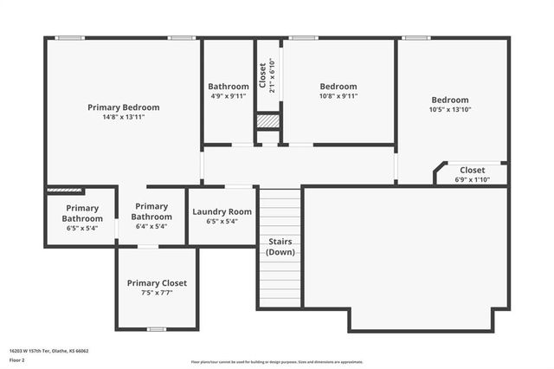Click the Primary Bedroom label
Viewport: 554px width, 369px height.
(x=123, y=107)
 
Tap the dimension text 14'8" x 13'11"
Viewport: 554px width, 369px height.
(x=123, y=117)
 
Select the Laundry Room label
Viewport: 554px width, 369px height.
(x=222, y=211)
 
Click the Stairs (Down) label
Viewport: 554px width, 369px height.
(x=280, y=247)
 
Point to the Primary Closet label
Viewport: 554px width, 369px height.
(x=157, y=283)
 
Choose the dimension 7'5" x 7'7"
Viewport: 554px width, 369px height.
(x=157, y=293)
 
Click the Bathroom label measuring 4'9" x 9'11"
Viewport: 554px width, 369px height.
(x=228, y=87)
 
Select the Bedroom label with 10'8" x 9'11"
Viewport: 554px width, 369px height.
(x=338, y=87)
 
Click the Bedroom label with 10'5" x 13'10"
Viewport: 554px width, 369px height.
(x=449, y=100)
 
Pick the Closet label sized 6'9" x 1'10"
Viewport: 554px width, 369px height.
(x=472, y=170)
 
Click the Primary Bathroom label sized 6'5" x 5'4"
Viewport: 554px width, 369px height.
(x=81, y=213)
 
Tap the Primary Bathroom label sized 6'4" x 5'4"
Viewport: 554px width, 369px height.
(x=151, y=211)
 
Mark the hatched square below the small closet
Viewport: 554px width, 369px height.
(x=268, y=122)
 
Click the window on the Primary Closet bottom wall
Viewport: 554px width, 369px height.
(x=157, y=329)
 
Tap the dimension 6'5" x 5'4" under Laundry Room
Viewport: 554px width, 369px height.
(x=222, y=221)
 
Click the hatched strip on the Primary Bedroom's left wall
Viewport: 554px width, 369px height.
(x=64, y=190)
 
